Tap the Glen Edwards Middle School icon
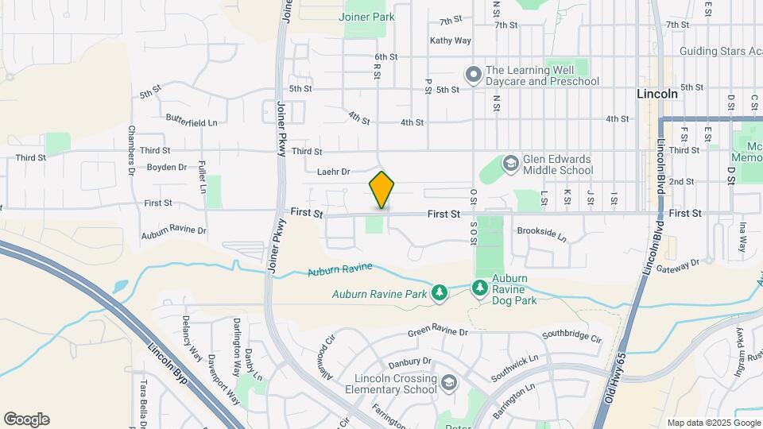pos(510,164)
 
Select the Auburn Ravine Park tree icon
pos(440,293)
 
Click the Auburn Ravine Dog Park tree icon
pos(479,287)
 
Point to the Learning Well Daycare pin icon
pos(473,75)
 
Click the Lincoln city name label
pos(657,94)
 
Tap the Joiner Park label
pos(366,17)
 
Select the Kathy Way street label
pos(451,41)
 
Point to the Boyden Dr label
pos(166,168)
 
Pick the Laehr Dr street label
pos(333,171)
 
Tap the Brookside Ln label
pos(541,237)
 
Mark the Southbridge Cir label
pos(571,336)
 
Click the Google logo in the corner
pos(26,419)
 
